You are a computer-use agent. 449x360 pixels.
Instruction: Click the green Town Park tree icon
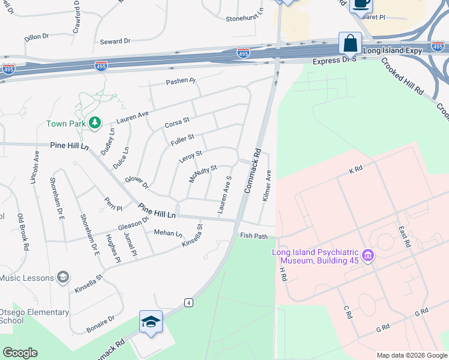tap(94, 123)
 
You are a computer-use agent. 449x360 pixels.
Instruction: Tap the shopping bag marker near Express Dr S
tap(350, 44)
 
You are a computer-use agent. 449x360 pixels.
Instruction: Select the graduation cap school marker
tap(151, 322)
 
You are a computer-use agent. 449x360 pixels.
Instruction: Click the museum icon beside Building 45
tap(369, 256)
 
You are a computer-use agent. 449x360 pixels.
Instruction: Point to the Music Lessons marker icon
tap(62, 277)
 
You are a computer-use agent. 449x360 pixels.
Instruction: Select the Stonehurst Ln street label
tap(245, 18)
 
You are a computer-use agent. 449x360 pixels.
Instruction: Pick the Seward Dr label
tap(115, 41)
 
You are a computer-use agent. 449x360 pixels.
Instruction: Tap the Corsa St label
tap(177, 124)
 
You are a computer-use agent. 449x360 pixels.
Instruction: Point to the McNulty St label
tap(202, 174)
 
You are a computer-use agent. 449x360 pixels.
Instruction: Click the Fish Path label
tap(253, 236)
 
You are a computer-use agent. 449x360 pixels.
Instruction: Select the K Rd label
tap(355, 170)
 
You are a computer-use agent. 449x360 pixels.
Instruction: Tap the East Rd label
tap(403, 236)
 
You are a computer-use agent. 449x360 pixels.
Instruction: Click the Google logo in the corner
tap(20, 353)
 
